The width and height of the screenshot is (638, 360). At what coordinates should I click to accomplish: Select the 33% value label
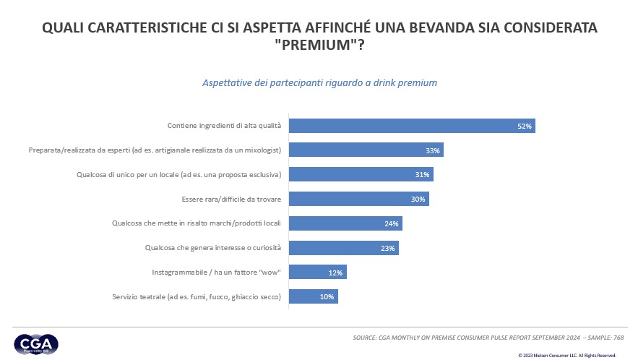(x=434, y=150)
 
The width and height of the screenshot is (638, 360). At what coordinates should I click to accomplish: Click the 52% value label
(x=525, y=127)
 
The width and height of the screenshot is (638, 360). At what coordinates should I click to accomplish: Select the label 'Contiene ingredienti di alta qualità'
(x=224, y=126)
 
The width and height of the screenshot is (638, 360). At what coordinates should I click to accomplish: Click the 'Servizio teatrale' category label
(x=196, y=297)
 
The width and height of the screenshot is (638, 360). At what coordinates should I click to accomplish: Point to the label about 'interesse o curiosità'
(x=212, y=249)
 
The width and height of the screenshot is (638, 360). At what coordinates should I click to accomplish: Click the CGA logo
(x=35, y=345)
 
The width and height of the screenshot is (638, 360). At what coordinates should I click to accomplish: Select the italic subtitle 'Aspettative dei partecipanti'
(x=319, y=83)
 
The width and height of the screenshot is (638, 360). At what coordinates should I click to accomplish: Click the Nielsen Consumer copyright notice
(x=566, y=355)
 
